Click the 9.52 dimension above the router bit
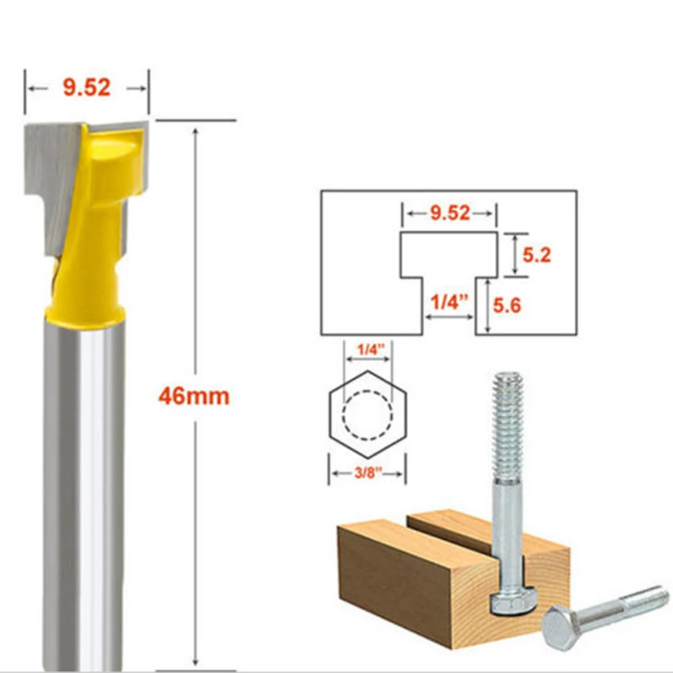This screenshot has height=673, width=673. pos(87,87)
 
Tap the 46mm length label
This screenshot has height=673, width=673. pos(194,396)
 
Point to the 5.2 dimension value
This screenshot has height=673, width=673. pos(537,255)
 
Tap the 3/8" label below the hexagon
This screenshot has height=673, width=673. pos(367,473)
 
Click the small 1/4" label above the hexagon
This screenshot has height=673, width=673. pos(367,349)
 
